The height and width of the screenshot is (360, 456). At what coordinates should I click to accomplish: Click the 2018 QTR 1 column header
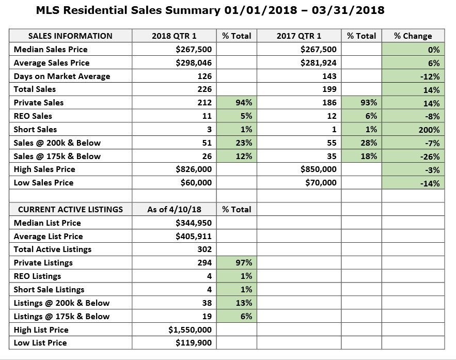tap(174, 36)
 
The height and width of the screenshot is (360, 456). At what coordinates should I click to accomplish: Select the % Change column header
tap(413, 36)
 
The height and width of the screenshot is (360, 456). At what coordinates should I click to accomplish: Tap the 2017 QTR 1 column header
tap(298, 36)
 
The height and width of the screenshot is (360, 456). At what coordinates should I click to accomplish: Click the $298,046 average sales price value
tap(194, 63)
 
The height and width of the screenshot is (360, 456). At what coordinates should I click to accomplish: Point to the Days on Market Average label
tap(62, 76)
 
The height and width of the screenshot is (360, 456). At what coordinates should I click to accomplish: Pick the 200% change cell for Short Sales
tap(429, 130)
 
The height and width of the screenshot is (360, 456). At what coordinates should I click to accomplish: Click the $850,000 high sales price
tap(319, 169)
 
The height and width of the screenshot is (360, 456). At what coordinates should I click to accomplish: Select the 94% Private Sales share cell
tap(244, 103)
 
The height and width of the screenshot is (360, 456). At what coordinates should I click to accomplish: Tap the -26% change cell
tap(430, 156)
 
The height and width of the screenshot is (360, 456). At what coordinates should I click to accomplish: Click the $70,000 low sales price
tap(321, 183)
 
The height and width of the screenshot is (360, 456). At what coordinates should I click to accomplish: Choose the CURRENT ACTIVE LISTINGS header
tap(70, 210)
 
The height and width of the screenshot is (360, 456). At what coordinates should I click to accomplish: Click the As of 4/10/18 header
tap(174, 210)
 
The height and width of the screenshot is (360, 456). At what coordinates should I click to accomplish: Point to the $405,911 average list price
tap(194, 236)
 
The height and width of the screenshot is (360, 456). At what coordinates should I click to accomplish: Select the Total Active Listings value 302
tap(205, 249)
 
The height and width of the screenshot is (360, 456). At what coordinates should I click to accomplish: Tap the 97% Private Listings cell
tap(244, 263)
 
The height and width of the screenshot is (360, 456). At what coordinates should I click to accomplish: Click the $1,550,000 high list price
tap(190, 330)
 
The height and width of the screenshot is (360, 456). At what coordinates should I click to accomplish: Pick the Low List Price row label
tap(40, 343)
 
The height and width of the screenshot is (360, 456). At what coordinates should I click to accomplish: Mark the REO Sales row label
tap(33, 116)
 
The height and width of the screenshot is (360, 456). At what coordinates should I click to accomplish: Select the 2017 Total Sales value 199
tap(329, 89)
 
